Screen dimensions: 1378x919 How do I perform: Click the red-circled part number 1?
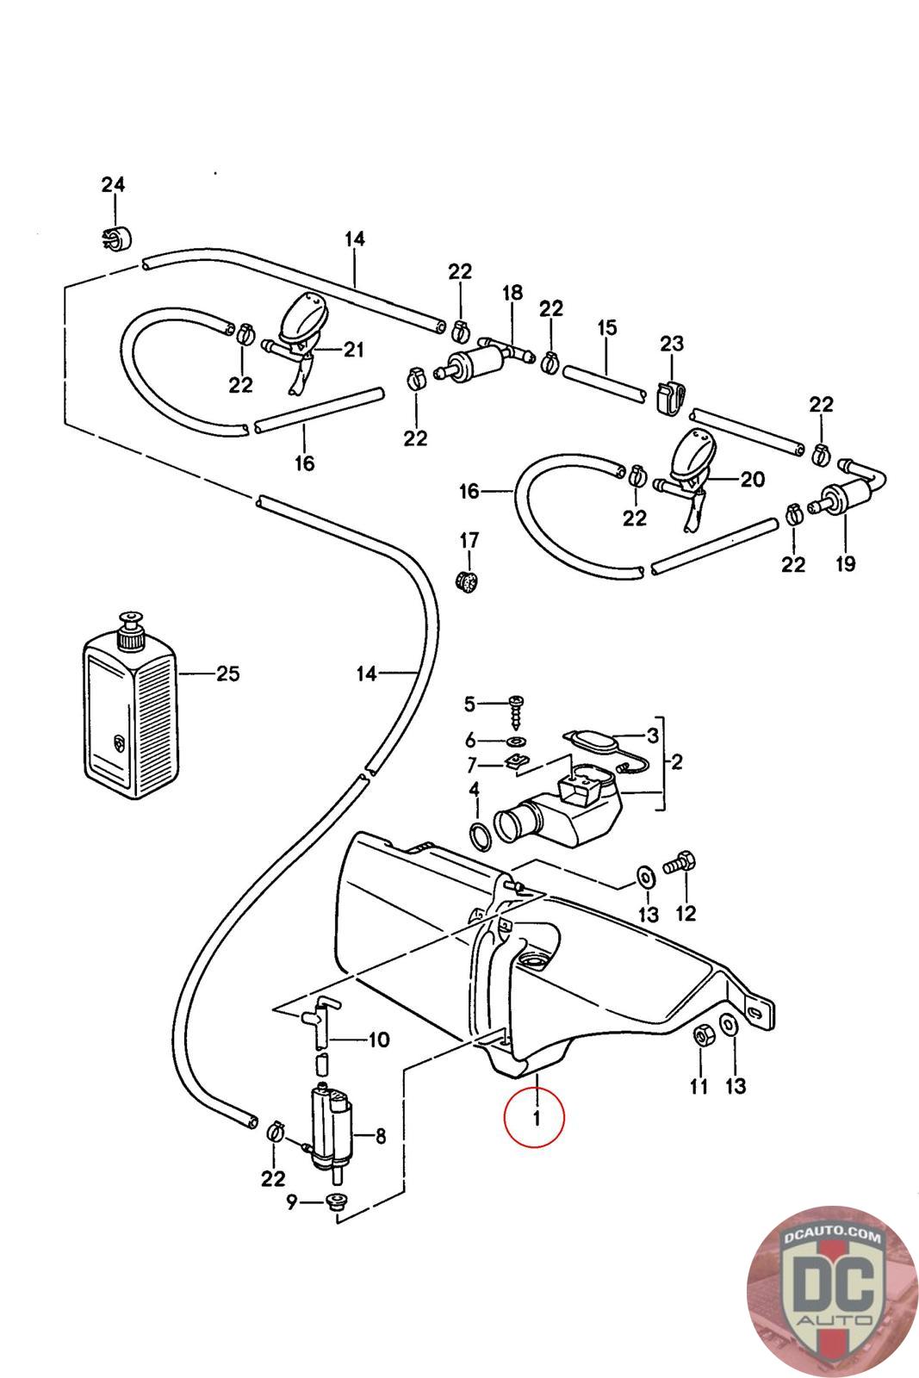point(535,1118)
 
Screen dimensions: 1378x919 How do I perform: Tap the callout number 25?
point(227,673)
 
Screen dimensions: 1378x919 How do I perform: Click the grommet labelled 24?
point(114,238)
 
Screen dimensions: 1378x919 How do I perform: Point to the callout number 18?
point(512,293)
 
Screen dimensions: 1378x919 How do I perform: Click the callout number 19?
point(845,564)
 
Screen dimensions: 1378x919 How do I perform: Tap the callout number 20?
point(752,479)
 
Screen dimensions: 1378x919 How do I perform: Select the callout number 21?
point(354,350)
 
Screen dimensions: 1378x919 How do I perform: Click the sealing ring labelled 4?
point(479,834)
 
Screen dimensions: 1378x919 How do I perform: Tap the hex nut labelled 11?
point(701,1038)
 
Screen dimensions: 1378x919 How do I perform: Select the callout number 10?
point(379,1040)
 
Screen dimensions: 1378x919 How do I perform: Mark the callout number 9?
point(291,1201)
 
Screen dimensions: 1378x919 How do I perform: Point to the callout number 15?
point(606,327)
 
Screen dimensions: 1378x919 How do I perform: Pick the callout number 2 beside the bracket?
point(677,761)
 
